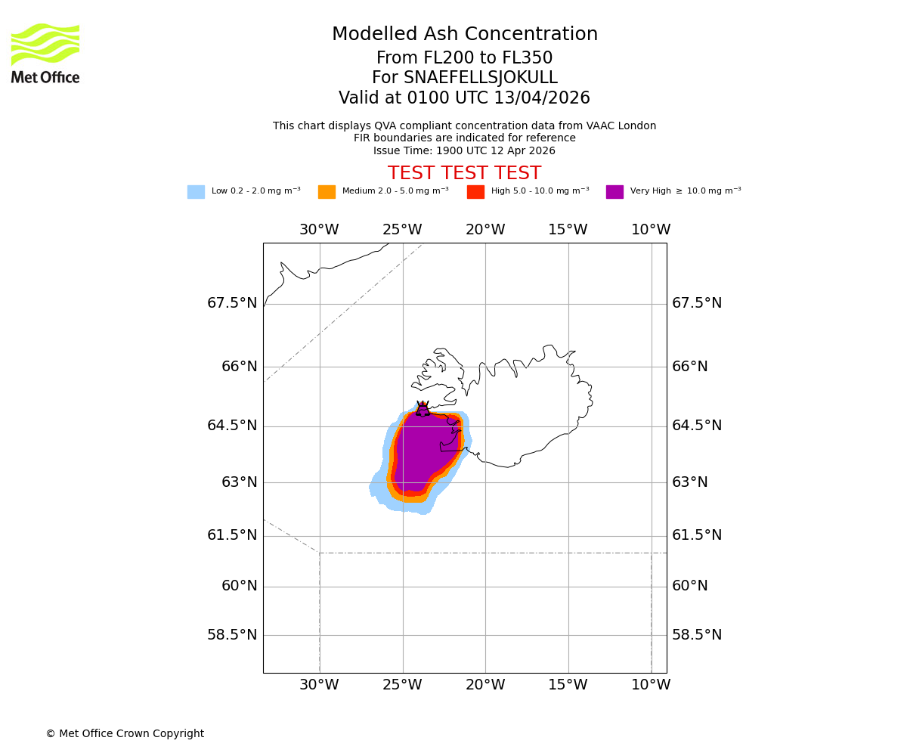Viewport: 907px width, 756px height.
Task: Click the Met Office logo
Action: pyautogui.click(x=45, y=53)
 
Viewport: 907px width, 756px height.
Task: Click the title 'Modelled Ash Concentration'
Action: pyautogui.click(x=465, y=35)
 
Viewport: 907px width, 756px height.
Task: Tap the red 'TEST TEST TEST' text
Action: pyautogui.click(x=464, y=173)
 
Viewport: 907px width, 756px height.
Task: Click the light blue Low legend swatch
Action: pyautogui.click(x=196, y=192)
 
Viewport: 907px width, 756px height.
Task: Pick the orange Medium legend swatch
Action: pyautogui.click(x=327, y=192)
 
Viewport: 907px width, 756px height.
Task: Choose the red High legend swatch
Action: pyautogui.click(x=475, y=192)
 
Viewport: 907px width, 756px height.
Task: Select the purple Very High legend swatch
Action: pyautogui.click(x=614, y=192)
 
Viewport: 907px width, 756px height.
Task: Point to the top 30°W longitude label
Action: pyautogui.click(x=319, y=230)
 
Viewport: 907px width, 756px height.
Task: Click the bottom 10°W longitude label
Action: pyautogui.click(x=651, y=685)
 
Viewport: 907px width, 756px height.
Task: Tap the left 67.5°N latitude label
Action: pyautogui.click(x=232, y=303)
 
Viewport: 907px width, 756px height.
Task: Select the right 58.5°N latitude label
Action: pyautogui.click(x=697, y=635)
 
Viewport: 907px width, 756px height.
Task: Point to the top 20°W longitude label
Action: pyautogui.click(x=485, y=230)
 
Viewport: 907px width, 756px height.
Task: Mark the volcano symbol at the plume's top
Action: pyautogui.click(x=423, y=409)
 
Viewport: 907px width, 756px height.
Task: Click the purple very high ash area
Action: pyautogui.click(x=419, y=454)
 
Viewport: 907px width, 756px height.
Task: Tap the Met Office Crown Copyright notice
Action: pyautogui.click(x=125, y=733)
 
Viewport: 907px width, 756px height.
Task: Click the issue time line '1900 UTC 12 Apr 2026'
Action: pyautogui.click(x=464, y=150)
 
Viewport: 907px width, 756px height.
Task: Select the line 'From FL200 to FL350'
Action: pyautogui.click(x=464, y=58)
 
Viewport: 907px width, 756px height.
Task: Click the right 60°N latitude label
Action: pyautogui.click(x=690, y=586)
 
